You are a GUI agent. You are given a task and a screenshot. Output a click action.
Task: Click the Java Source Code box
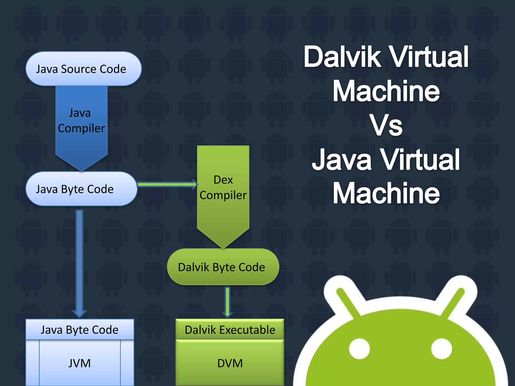pos(83,69)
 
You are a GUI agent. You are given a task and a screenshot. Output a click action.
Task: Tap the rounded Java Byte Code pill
pos(81,189)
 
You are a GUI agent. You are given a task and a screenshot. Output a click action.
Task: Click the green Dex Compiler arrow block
pos(223,191)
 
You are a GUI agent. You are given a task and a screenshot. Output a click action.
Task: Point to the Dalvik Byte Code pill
pos(223,267)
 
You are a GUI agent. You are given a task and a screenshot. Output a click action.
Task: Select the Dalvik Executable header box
pos(230,329)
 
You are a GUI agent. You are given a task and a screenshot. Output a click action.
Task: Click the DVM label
pos(230,363)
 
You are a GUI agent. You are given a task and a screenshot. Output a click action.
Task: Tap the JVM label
pos(79,363)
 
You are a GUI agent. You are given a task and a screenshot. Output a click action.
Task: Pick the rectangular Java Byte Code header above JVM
pos(80,329)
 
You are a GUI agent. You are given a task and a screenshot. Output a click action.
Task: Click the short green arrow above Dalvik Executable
pos(227,302)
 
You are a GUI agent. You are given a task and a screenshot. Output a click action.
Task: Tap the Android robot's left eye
pos(359,349)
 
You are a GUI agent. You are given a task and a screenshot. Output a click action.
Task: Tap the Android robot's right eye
pos(441,349)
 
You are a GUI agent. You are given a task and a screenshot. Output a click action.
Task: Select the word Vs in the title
pos(386,125)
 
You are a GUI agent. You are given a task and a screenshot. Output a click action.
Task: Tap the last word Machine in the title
pos(386,193)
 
